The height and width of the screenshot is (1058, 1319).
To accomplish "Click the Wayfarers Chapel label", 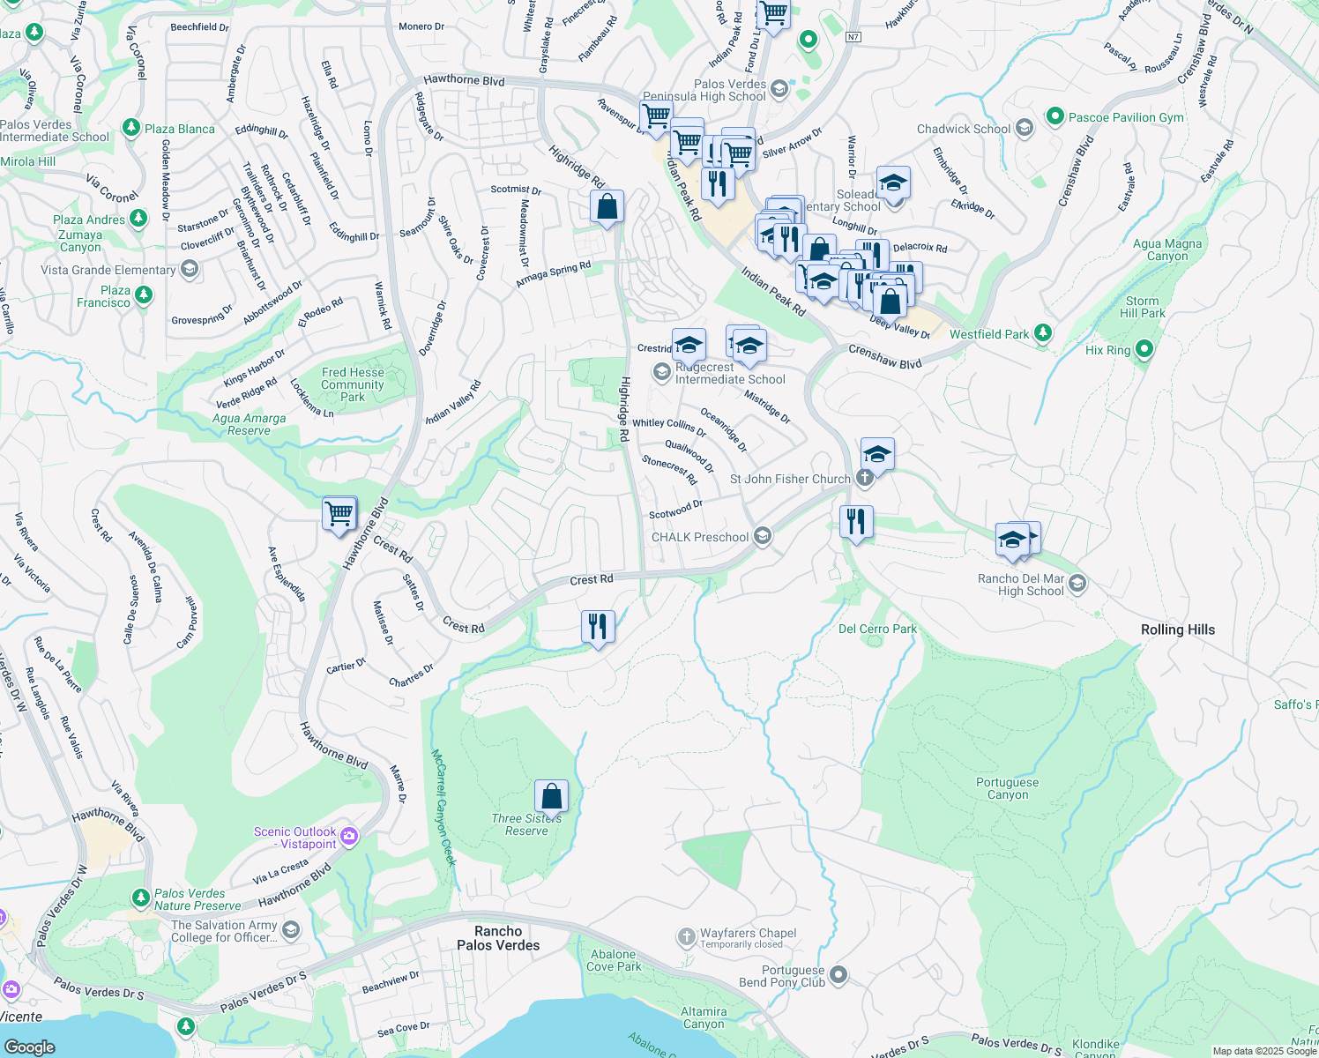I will [748, 934].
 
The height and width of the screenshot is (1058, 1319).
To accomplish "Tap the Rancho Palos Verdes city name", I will [498, 938].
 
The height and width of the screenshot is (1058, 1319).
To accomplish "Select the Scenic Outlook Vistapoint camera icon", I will [349, 836].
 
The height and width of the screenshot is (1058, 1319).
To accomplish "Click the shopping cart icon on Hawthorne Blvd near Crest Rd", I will [339, 512].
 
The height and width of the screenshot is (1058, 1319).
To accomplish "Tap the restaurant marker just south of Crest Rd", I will [599, 627].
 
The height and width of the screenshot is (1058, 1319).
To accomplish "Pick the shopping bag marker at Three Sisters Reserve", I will [551, 796].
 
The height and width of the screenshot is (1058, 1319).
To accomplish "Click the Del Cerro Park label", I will [877, 629].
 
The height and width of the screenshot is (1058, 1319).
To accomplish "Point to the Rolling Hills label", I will [1177, 630].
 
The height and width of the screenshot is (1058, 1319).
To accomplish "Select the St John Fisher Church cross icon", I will [865, 479].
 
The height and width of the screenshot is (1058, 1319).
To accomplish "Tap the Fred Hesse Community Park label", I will [353, 384].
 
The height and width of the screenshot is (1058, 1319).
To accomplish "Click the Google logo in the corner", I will [29, 1047].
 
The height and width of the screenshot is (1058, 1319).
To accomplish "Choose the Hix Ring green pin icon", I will [1144, 349].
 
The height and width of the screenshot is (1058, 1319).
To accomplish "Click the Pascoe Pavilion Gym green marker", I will [1054, 116].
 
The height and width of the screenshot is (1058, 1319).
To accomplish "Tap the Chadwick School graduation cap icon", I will [1024, 129].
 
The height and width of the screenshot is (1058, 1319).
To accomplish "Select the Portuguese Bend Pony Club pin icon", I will [838, 975].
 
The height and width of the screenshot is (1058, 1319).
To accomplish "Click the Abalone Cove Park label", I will [615, 960].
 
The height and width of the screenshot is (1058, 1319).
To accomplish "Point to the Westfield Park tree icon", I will [1043, 333].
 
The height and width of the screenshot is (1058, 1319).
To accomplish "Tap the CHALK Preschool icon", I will [763, 536].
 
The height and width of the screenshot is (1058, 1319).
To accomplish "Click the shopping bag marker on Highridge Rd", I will [607, 207].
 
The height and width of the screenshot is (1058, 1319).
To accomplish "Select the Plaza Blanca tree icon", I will [131, 129].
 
